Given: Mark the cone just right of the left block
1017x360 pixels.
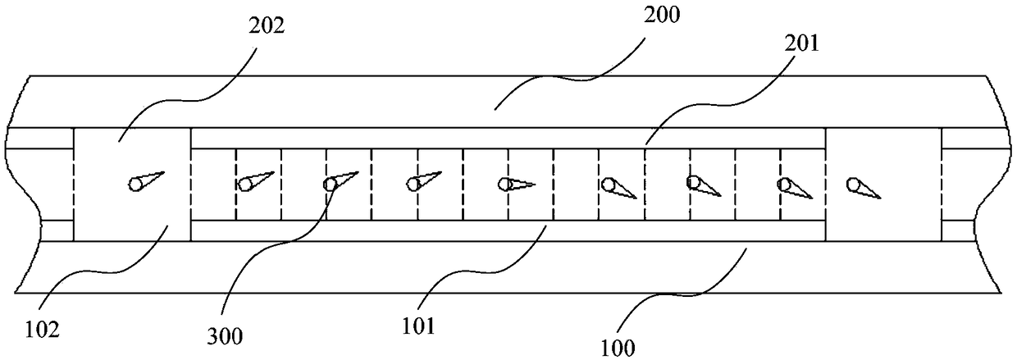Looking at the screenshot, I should [256, 180].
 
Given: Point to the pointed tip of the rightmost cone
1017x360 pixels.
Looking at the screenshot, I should [881, 198].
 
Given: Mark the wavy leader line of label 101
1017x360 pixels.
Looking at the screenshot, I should [492, 275].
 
